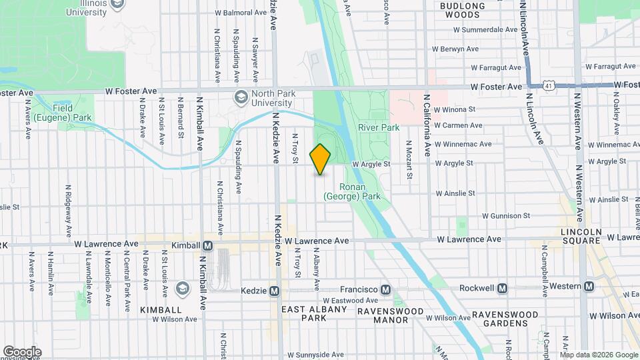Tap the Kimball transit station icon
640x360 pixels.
[207, 245]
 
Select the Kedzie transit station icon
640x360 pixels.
[273, 290]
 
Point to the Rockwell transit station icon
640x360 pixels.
[502, 289]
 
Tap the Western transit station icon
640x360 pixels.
[589, 286]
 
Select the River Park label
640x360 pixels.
[378, 127]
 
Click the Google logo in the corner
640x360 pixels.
[22, 351]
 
